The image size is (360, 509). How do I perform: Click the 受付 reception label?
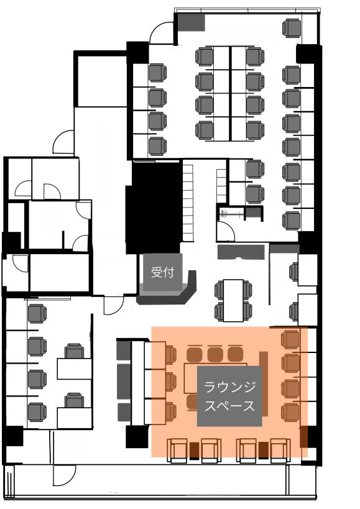tap(163, 272)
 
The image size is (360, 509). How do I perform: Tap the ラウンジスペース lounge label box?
tap(229, 396)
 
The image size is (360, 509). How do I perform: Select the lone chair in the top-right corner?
tap(292, 28)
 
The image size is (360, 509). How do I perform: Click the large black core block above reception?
tap(153, 208)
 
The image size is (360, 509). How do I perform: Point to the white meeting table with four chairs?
tap(233, 300)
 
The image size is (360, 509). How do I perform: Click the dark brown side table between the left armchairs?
tap(194, 451)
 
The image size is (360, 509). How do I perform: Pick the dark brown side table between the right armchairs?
tap(264, 451)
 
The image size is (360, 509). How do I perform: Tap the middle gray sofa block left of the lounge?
tap(123, 381)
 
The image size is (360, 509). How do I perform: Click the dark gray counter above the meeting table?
tap(241, 252)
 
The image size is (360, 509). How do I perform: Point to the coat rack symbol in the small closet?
tap(231, 214)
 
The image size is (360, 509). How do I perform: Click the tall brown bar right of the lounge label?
tap(264, 383)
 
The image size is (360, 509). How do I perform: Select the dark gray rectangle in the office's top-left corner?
tap(192, 23)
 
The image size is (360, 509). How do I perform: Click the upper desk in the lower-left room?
tap(75, 369)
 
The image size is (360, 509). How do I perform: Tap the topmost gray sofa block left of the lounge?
tap(123, 350)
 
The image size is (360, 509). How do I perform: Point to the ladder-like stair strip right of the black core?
tap(188, 203)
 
